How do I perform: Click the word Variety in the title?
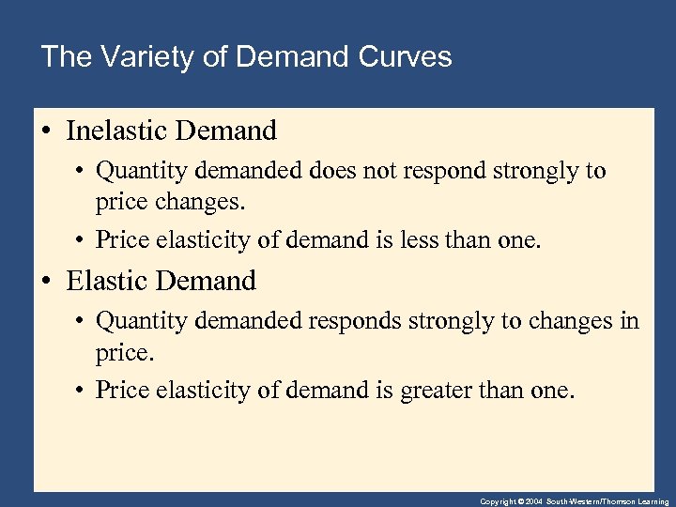[x=131, y=56]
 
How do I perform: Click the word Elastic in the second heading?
[x=104, y=280]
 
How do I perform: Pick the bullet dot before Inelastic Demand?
[x=47, y=131]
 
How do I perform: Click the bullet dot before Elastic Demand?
[x=47, y=281]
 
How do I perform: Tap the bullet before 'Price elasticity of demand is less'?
[x=82, y=239]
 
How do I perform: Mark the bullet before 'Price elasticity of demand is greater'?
[x=82, y=390]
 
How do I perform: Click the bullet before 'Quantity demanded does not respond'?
[x=82, y=172]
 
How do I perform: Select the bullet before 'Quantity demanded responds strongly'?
[x=82, y=322]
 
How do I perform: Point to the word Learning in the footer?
[x=651, y=502]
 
